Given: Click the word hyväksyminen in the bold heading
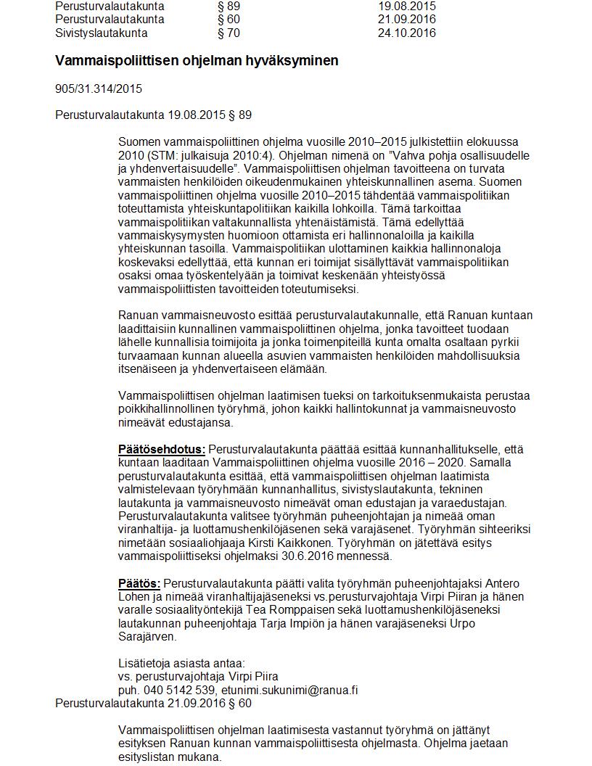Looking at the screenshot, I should (296, 61).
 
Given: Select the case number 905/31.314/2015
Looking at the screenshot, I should (99, 89).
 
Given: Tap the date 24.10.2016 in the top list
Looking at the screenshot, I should (407, 33).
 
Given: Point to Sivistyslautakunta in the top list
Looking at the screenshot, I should (102, 33).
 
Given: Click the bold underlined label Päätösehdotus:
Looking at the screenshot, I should (162, 449).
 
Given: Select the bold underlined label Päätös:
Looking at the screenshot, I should (140, 584).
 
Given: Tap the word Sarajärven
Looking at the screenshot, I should (147, 637).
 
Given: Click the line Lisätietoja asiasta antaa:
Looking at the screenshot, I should (181, 664).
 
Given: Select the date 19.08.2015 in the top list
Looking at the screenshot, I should (407, 6).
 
